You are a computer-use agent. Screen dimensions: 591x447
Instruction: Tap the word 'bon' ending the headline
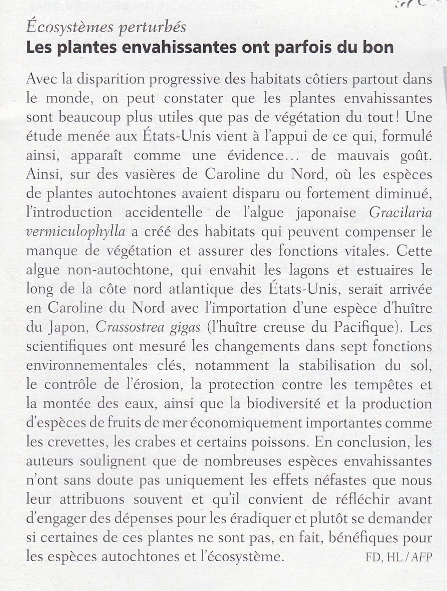coord(376,47)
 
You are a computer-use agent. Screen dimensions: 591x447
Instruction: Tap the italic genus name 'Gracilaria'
coord(400,213)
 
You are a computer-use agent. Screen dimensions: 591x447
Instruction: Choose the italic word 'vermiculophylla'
coord(76,232)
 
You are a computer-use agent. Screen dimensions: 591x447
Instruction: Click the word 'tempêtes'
coord(385,385)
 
